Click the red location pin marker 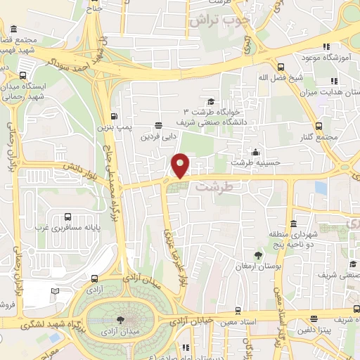coord(181,165)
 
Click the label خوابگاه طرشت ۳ coord(212,112)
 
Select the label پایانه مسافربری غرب coord(67,228)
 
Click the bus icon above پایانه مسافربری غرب coord(67,217)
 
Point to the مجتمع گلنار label coord(321,137)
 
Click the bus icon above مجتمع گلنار coord(319,127)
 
